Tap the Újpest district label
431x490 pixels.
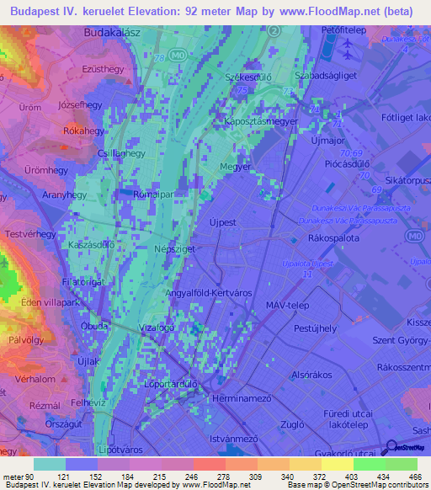click(225, 223)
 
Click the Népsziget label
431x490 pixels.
click(154, 249)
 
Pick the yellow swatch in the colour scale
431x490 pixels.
click(338, 464)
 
